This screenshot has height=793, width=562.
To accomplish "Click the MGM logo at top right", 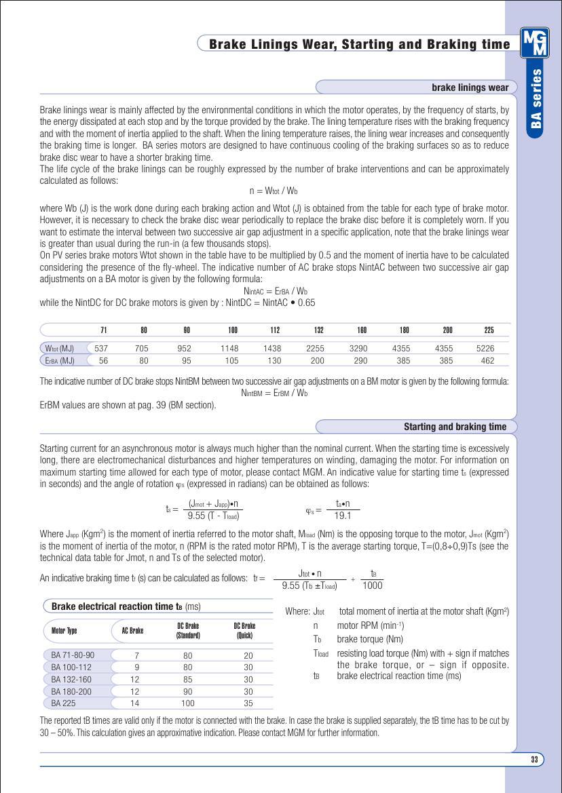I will tap(534, 42).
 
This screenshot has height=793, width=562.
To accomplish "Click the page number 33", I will tap(534, 759).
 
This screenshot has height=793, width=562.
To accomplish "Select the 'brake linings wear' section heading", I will tap(470, 88).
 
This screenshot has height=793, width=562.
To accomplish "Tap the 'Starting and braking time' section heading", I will tap(455, 427).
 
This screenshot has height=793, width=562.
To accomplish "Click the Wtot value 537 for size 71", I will tap(101, 348).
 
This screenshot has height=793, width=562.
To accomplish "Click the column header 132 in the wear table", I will tap(318, 330).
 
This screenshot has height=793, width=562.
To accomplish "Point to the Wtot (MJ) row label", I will tap(58, 348).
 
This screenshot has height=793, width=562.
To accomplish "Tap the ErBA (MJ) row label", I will tap(58, 361).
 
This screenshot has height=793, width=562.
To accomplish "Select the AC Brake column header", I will tap(132, 631).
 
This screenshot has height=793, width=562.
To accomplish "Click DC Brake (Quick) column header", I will tap(244, 631).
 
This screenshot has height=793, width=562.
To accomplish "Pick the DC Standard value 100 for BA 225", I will tap(187, 703).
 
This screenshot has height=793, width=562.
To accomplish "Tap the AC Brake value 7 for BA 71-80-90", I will tap(136, 655).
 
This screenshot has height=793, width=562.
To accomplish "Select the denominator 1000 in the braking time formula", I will tap(372, 586).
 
